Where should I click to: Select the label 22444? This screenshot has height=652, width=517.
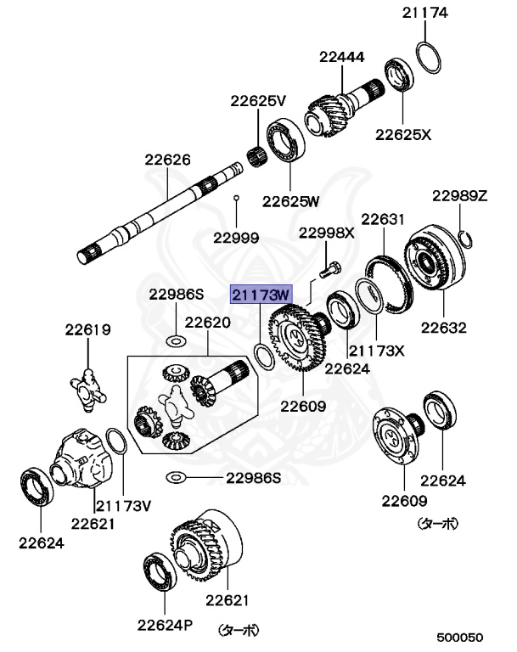(342, 58)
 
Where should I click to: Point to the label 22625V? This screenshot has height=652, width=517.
(258, 101)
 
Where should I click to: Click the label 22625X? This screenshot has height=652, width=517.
(404, 134)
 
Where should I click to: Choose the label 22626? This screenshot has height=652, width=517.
(167, 159)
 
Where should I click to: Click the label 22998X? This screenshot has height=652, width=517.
(326, 232)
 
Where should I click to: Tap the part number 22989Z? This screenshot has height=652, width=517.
(460, 195)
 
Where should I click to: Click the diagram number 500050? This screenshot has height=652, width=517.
(460, 637)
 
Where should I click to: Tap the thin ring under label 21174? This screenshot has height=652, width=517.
(429, 59)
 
